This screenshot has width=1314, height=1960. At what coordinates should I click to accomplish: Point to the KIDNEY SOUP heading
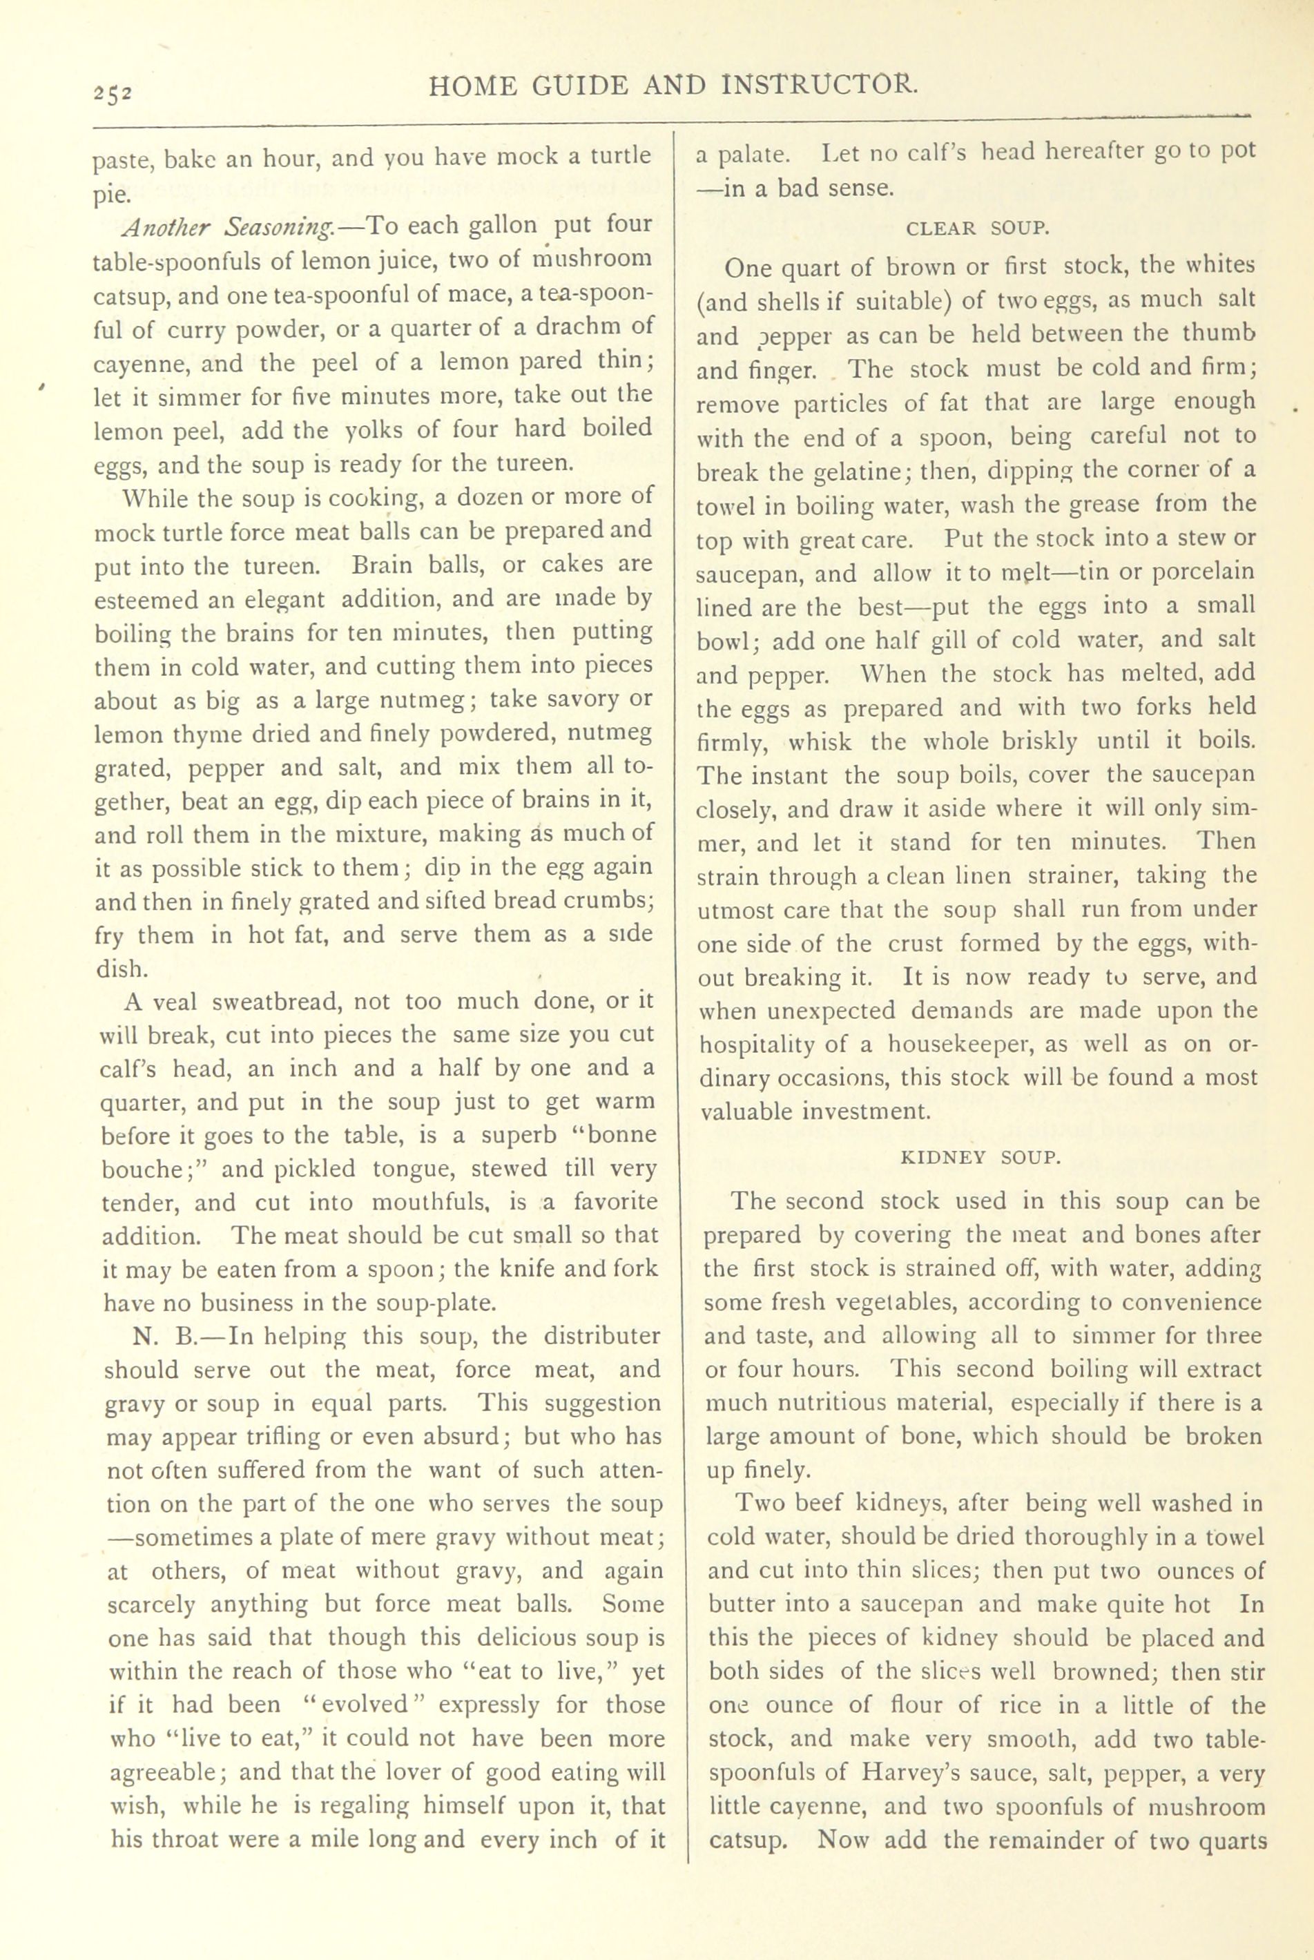[980, 1157]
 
